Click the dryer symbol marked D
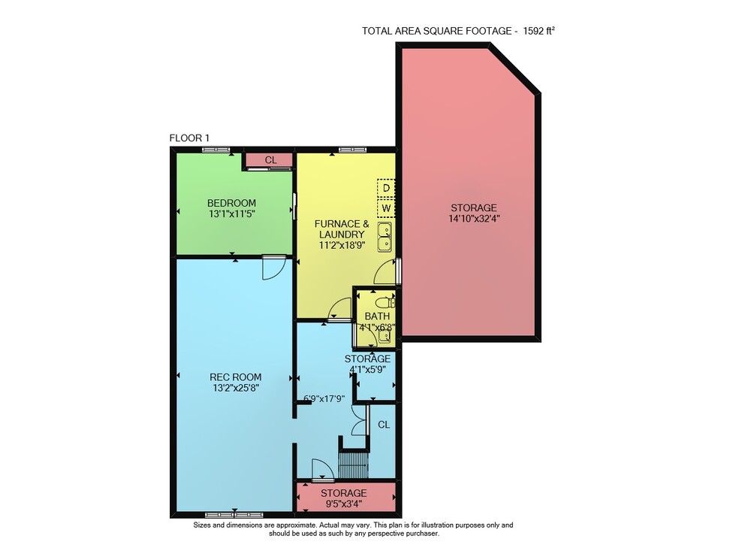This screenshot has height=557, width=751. (x=386, y=188)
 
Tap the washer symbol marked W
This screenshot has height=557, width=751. (x=386, y=208)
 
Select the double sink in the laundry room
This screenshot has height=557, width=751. (x=385, y=238)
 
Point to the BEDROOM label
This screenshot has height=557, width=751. (x=231, y=203)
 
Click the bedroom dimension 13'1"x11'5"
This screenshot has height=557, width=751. (x=231, y=213)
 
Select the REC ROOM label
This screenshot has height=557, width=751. (x=236, y=377)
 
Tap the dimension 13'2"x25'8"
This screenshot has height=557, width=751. (x=236, y=388)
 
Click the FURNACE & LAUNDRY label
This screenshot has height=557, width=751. (x=342, y=229)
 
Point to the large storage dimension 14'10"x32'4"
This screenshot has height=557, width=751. (x=474, y=219)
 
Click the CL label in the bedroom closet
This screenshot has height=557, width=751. (x=270, y=160)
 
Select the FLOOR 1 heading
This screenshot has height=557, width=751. (x=189, y=138)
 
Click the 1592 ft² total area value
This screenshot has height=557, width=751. (x=538, y=31)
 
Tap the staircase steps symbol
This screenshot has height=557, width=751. (x=354, y=464)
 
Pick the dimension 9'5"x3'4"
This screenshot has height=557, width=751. (x=343, y=504)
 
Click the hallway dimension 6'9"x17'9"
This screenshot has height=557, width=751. (x=324, y=398)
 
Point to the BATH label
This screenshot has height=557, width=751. (x=377, y=316)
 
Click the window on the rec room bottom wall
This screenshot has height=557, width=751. (x=234, y=516)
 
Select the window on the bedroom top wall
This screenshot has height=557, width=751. (x=216, y=150)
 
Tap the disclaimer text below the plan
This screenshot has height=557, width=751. (x=354, y=529)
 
